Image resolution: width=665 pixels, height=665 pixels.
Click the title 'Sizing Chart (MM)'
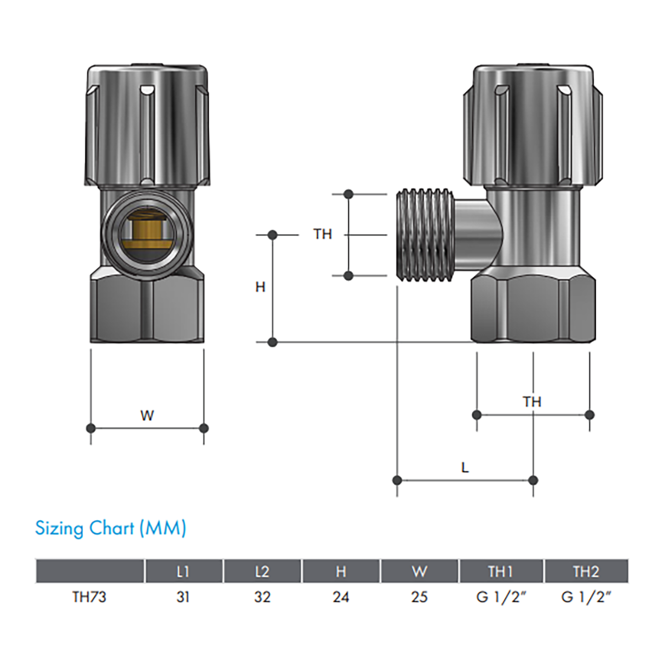point(111,528)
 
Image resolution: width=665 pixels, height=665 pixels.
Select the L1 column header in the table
point(183,571)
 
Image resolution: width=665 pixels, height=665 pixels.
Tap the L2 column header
point(262,571)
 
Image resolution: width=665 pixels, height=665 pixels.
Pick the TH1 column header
point(501,571)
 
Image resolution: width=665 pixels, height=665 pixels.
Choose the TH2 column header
point(586,571)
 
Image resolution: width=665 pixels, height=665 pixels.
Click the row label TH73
point(89,597)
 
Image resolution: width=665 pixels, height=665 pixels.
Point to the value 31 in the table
point(183,597)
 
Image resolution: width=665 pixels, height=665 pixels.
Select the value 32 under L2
point(262,597)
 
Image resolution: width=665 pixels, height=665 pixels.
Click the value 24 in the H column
point(341,597)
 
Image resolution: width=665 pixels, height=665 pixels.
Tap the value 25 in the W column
point(420,597)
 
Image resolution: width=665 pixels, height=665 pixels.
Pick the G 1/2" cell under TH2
point(586,597)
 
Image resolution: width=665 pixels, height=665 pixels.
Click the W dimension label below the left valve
point(147,416)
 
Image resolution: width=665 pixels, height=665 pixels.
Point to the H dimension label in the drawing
point(261,287)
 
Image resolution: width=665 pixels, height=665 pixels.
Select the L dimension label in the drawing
point(465,468)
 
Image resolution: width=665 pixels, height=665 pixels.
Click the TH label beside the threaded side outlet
point(323,234)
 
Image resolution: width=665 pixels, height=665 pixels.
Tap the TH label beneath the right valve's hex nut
point(532,401)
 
